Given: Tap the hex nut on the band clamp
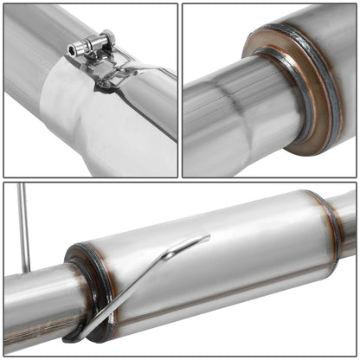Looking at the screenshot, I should (106, 39).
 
